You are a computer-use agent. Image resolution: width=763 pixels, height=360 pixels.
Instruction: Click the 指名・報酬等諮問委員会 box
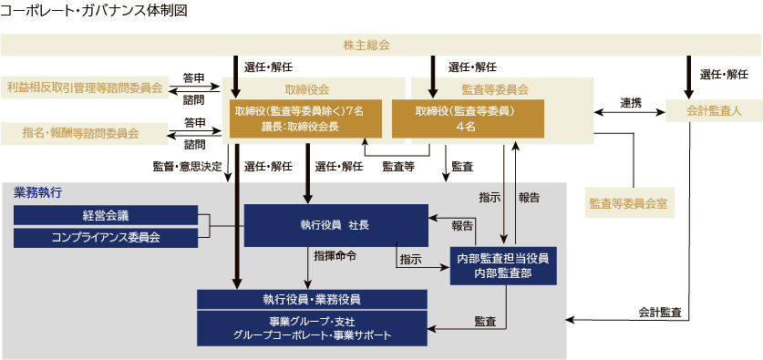click(x=85, y=133)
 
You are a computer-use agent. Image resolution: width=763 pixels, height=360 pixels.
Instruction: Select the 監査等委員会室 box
click(x=629, y=202)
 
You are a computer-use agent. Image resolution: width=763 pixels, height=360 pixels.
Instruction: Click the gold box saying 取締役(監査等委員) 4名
click(x=467, y=118)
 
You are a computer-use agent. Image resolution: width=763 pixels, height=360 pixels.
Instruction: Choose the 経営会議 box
click(x=106, y=215)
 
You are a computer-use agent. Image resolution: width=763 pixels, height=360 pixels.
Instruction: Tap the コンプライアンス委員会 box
click(x=106, y=237)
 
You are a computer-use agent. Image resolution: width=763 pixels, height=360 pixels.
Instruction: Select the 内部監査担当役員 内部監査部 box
click(x=502, y=265)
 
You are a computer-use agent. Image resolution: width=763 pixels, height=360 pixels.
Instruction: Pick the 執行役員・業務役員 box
click(x=313, y=299)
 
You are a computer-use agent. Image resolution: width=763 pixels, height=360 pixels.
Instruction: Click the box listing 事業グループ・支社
click(x=313, y=328)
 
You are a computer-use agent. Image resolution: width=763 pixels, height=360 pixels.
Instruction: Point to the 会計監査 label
click(x=657, y=312)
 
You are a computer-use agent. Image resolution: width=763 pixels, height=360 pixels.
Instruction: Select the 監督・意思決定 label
click(x=187, y=166)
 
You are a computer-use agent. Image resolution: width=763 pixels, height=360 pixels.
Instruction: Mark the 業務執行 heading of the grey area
click(x=37, y=193)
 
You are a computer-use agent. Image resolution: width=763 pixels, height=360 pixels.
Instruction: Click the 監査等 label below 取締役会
click(x=398, y=166)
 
